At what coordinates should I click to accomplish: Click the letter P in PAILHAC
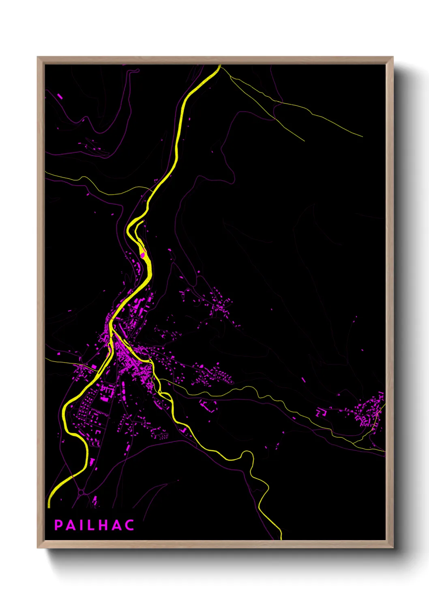pos(58,525)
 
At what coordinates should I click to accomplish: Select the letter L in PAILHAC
pos(92,525)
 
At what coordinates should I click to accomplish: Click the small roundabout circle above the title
pos(81,493)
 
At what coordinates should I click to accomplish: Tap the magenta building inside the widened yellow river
pos(142,255)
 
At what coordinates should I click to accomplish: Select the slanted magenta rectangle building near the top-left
pos(60,96)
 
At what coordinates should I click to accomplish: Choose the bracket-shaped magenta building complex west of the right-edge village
pos(321,413)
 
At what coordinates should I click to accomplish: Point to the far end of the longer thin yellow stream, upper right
pos(361,136)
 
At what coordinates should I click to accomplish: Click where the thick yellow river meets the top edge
pos(219,66)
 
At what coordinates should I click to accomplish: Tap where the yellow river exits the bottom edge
pos(281,538)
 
